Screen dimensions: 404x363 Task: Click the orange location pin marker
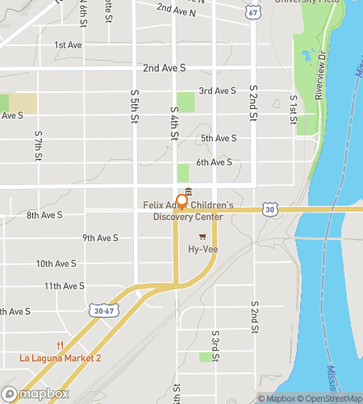pos(182,202)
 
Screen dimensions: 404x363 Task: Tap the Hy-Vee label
pos(205,251)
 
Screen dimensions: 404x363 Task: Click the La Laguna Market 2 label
pos(61,358)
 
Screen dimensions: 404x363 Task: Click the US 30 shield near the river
pos(270,209)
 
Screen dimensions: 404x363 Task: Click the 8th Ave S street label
pos(44,215)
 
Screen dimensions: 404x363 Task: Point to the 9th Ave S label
pos(100,238)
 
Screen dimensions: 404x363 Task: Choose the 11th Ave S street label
pos(65,286)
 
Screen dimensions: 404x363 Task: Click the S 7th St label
pos(38,148)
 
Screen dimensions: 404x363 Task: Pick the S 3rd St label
pos(215,345)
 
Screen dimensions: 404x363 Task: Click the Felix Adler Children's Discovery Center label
pos(189,210)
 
